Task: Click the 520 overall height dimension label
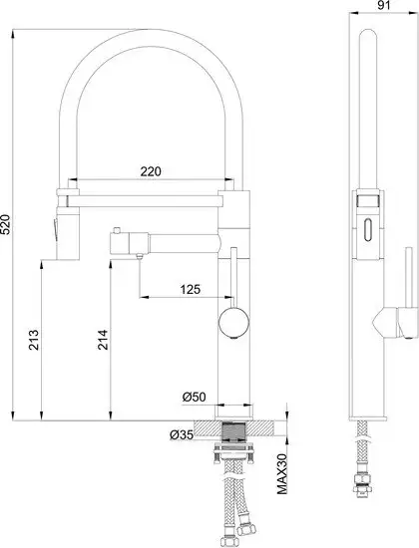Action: [x=6, y=224]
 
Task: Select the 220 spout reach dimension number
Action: [x=151, y=171]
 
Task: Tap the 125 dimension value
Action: [x=191, y=289]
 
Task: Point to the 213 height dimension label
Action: [x=33, y=340]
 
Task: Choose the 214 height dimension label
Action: [x=103, y=340]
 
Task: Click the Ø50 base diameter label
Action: [x=195, y=397]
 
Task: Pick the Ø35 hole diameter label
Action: [x=182, y=435]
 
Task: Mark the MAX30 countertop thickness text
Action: [x=282, y=474]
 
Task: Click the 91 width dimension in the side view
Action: [x=384, y=5]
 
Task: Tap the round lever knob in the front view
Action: [x=233, y=322]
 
